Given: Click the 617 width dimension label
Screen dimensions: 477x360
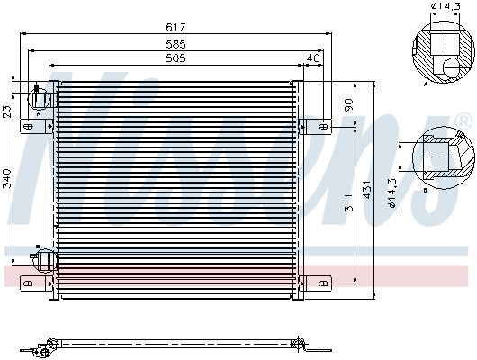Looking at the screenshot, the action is [175, 27].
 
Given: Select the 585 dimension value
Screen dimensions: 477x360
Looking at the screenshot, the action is [175, 44].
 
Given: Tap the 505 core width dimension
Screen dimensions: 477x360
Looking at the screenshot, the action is [175, 58].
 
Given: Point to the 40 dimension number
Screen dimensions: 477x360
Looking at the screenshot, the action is [313, 58].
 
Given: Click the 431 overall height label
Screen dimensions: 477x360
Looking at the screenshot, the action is [367, 190].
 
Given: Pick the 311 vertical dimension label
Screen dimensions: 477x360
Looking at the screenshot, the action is [348, 202].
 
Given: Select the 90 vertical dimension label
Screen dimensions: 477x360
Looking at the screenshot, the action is [348, 104].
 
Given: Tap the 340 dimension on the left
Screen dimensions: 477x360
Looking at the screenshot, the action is [6, 178].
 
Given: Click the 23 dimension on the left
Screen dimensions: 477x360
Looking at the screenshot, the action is [6, 112].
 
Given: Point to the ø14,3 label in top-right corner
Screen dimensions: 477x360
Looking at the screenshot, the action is [445, 5].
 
